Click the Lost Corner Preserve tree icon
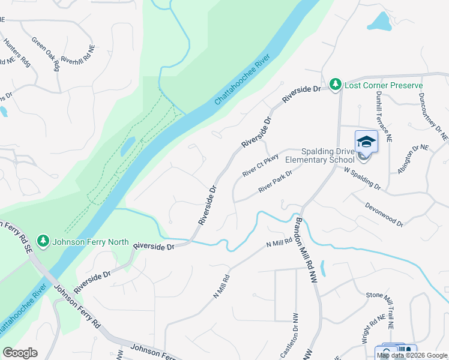coord(336,85)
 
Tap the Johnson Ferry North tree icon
coord(43,242)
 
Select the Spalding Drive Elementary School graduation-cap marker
coord(366,142)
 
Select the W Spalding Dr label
coord(362,178)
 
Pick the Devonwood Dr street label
coord(384,213)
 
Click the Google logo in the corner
coord(20,353)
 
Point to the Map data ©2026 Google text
coord(412,355)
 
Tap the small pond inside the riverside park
coord(127,145)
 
